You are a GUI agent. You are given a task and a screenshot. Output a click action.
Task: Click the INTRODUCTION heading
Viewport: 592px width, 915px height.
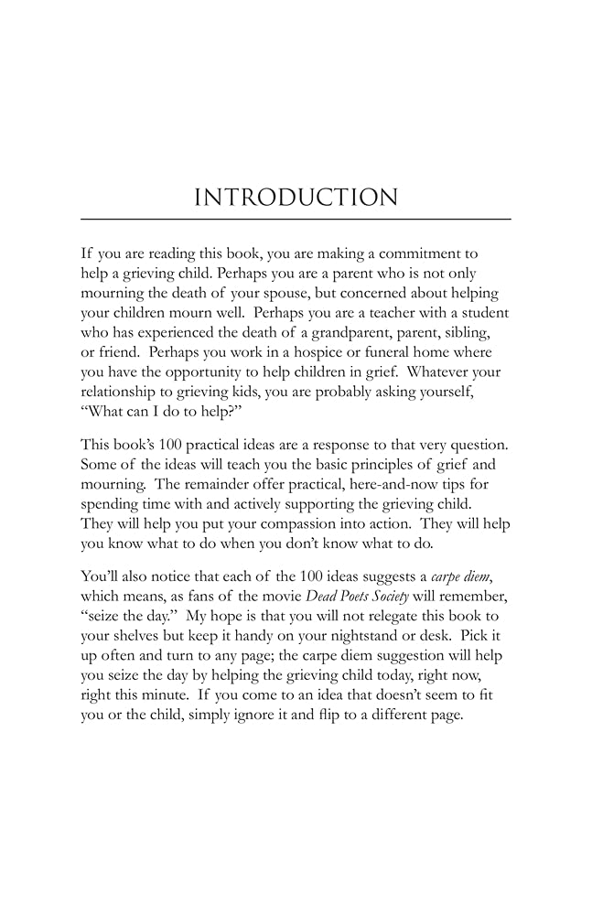coord(296,198)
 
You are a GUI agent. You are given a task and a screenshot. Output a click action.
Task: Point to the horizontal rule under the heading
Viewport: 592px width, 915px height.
coord(296,220)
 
